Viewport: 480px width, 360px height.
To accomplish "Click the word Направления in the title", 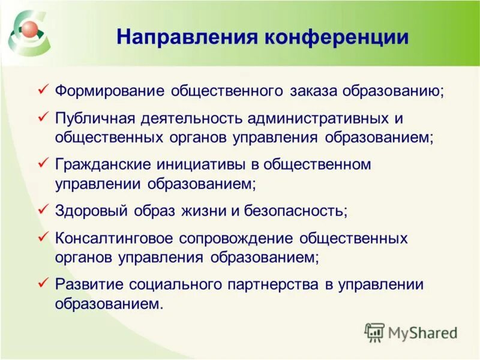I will [x=187, y=37].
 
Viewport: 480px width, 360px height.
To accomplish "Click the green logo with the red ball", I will [x=29, y=33].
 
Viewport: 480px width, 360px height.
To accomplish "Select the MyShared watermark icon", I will [x=375, y=332].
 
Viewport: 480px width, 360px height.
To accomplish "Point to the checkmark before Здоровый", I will [x=43, y=211].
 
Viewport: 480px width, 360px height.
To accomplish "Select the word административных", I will [x=316, y=118].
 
